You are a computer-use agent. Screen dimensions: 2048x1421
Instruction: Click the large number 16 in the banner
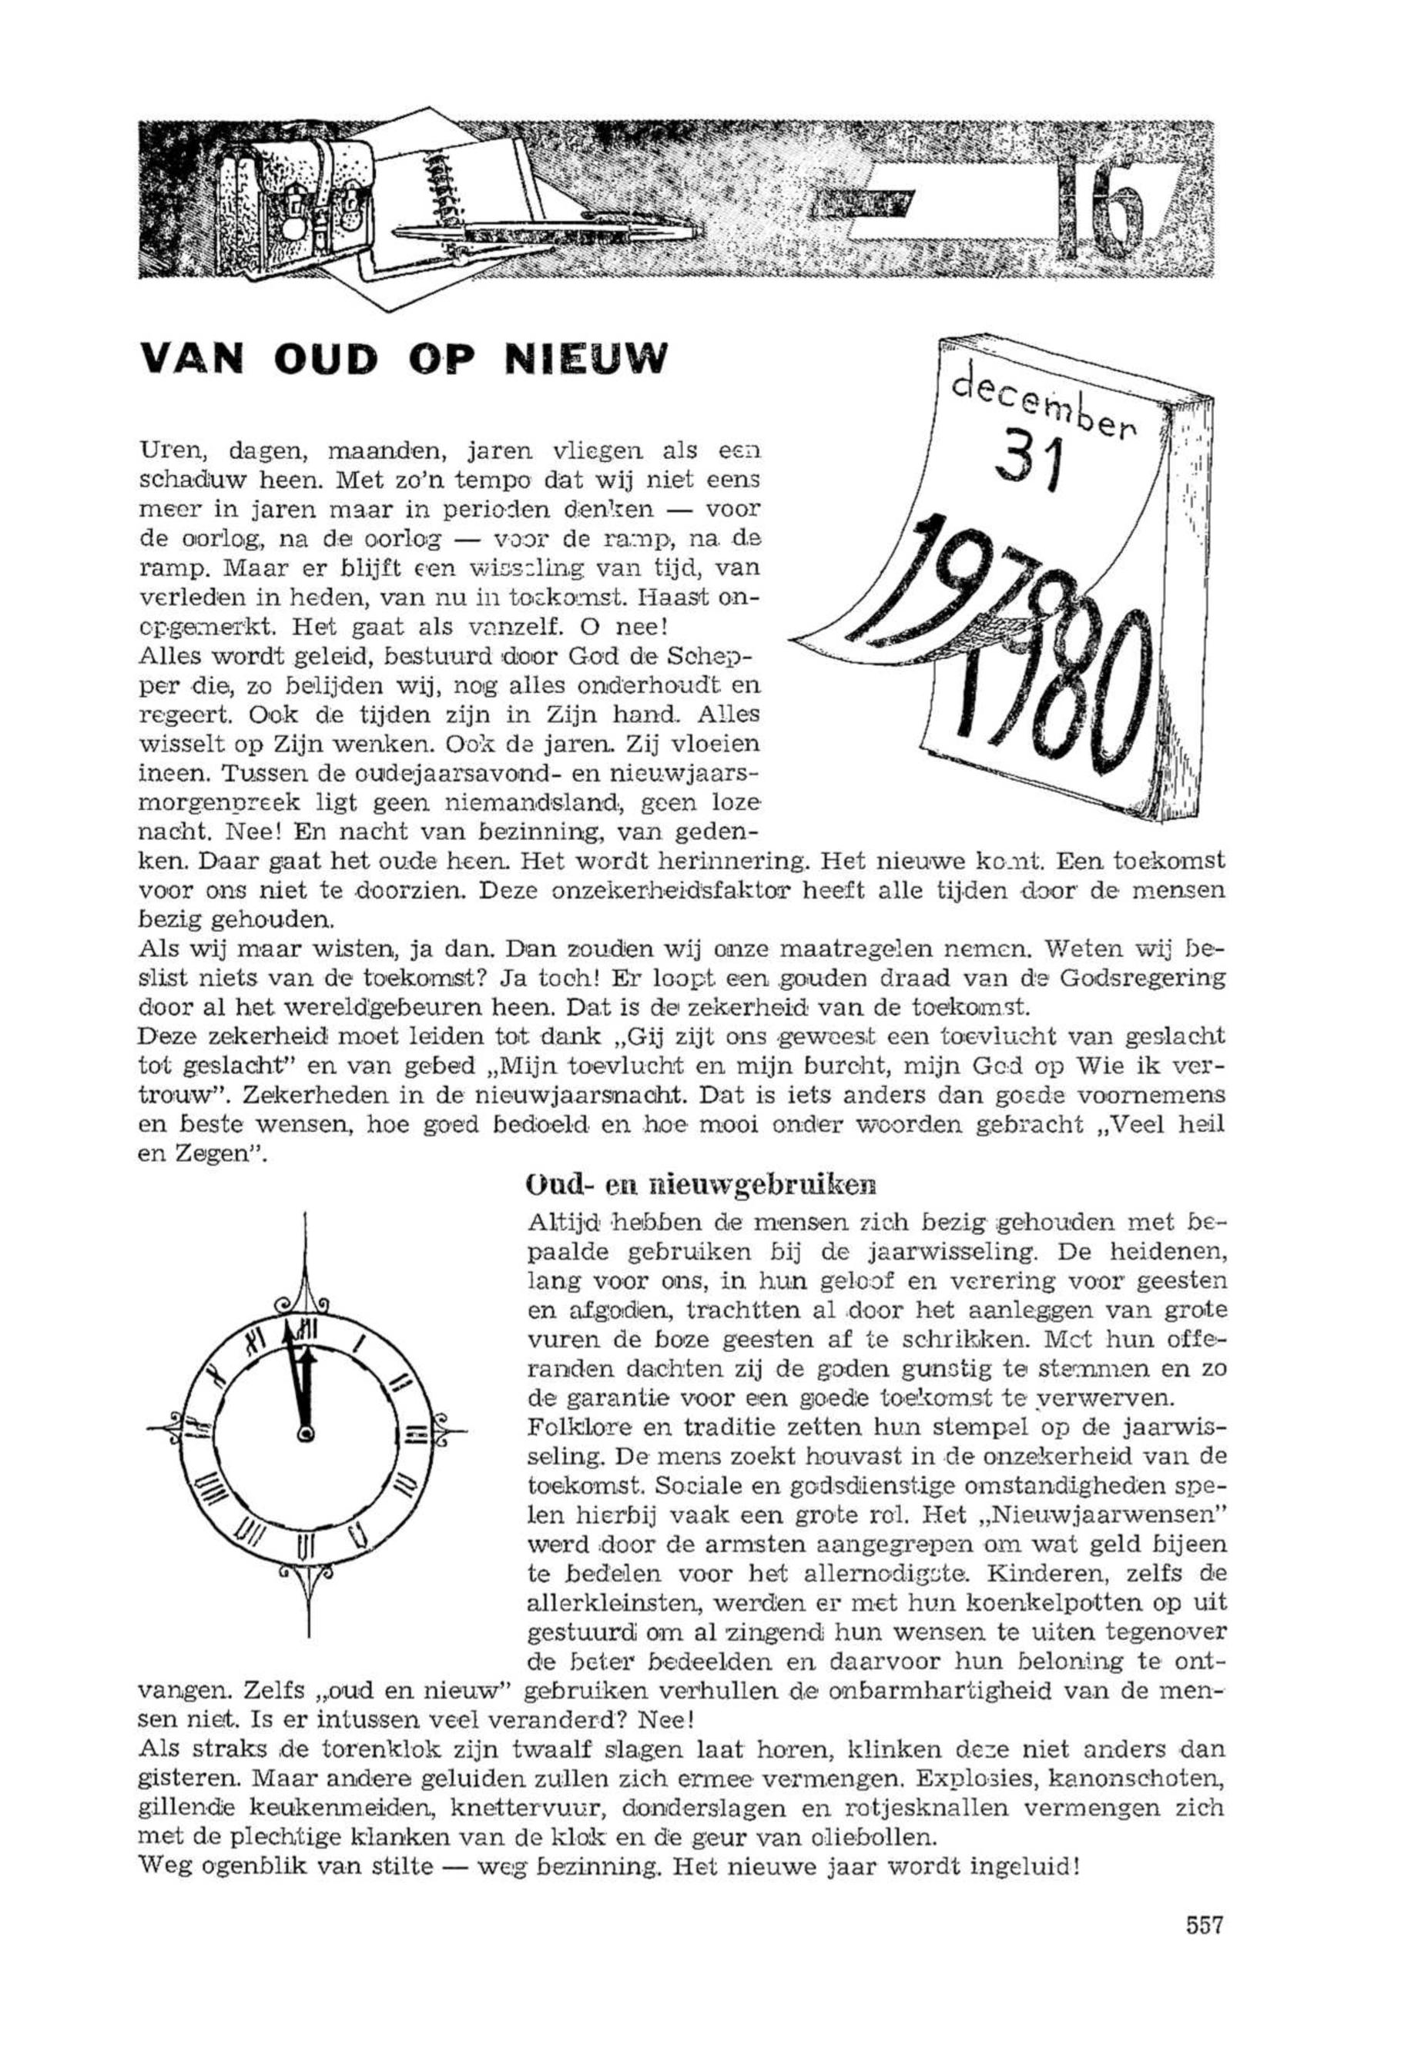point(1102,206)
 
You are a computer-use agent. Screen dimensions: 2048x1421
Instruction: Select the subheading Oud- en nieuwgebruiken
point(702,1186)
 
